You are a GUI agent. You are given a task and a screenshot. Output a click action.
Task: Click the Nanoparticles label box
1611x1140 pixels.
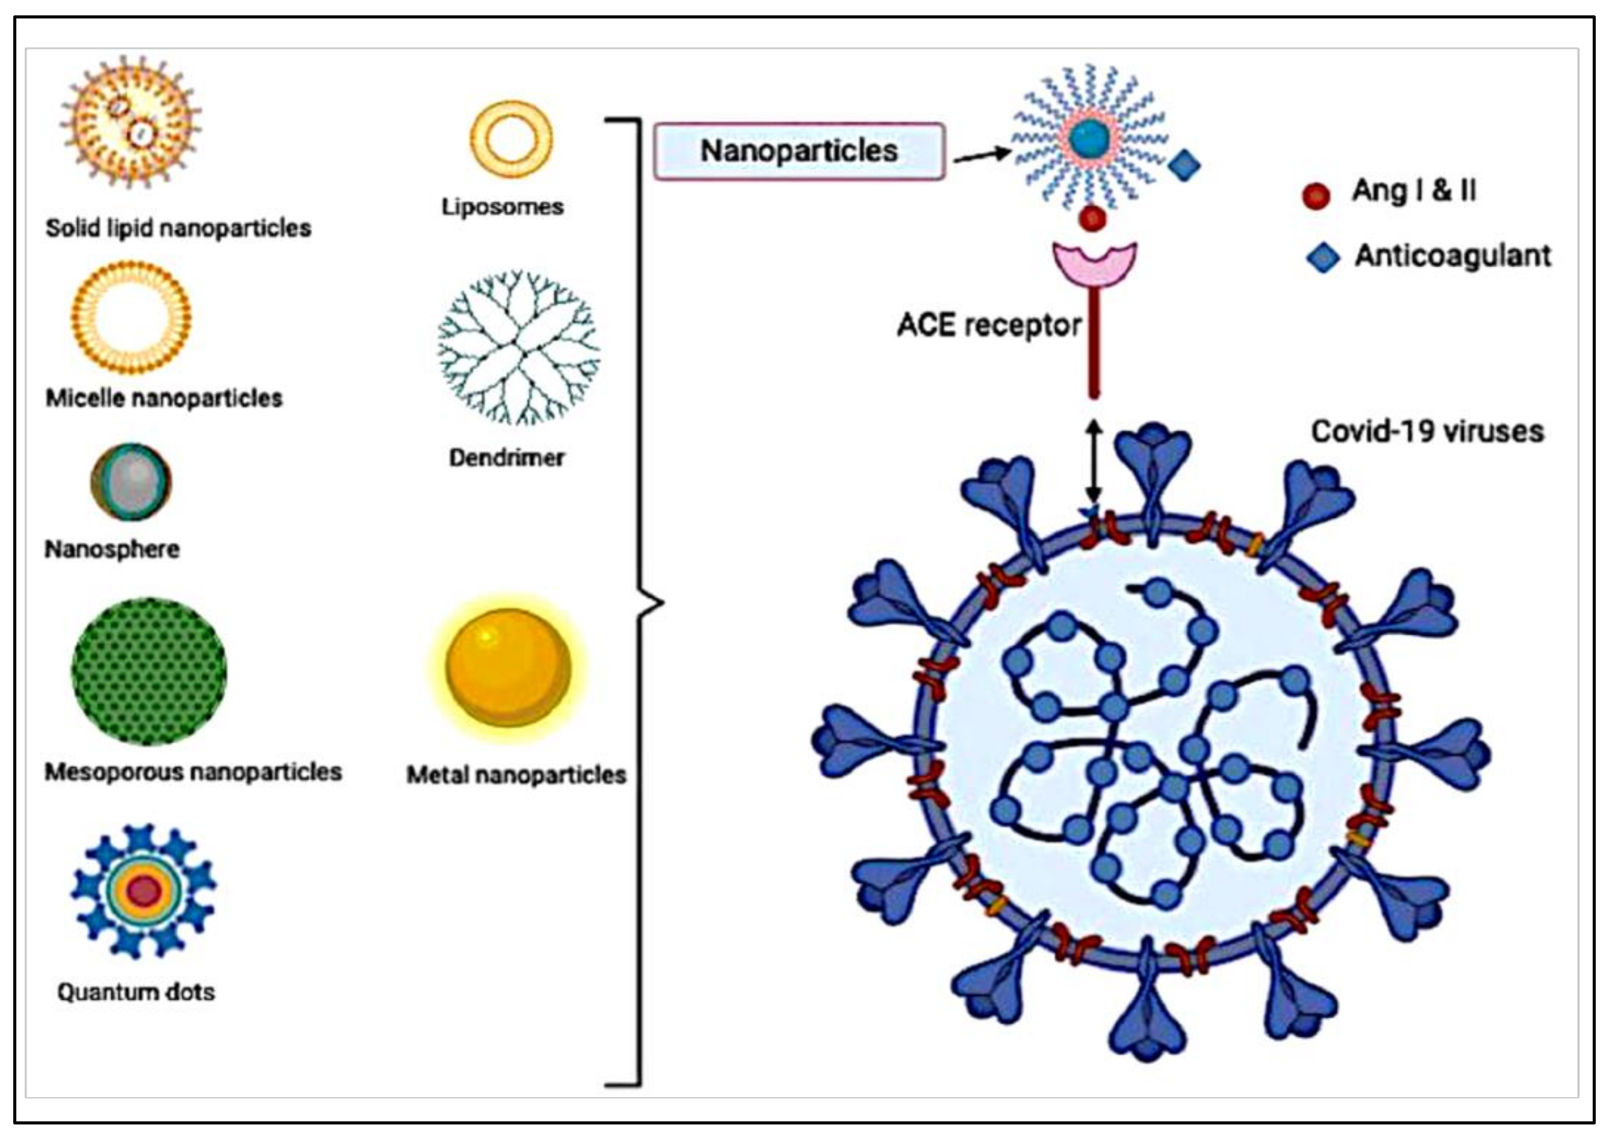[798, 151]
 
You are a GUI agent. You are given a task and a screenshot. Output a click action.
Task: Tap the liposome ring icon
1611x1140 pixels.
[510, 138]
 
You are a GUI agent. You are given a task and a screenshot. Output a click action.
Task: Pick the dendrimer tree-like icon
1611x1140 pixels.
[518, 348]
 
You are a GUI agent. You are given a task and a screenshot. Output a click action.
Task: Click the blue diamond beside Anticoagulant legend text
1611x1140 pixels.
[1322, 257]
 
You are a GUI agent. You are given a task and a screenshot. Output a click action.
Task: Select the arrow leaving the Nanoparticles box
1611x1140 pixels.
[981, 155]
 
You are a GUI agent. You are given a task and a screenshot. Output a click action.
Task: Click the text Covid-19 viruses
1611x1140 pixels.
[1427, 431]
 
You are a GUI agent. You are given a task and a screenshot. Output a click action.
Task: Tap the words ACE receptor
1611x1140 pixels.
[988, 325]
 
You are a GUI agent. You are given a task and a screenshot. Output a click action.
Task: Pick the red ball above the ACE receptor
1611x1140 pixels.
[1092, 218]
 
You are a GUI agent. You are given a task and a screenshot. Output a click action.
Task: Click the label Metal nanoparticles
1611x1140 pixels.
[516, 775]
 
